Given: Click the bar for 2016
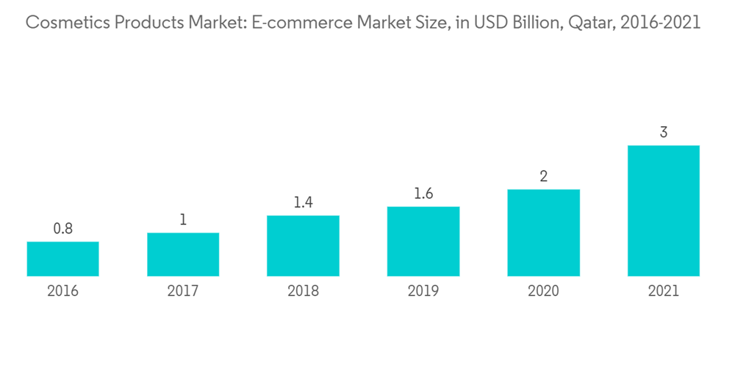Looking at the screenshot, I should click(x=62, y=259).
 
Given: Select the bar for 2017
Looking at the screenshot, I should click(x=183, y=255).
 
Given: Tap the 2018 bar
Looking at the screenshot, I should click(x=303, y=246).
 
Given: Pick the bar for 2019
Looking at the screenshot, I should click(x=423, y=242).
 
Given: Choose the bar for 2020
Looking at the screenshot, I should click(x=543, y=233).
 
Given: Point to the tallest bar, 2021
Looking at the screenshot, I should click(x=663, y=211).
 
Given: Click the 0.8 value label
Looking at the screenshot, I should click(x=62, y=228).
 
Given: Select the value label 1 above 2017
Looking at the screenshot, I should click(x=183, y=220).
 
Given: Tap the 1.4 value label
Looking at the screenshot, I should click(x=303, y=203).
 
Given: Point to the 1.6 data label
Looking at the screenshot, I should click(x=423, y=194).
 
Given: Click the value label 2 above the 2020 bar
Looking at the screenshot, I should click(x=543, y=176).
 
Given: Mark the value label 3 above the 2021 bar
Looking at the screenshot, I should click(x=663, y=133).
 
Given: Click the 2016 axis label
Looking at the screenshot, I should click(x=62, y=291).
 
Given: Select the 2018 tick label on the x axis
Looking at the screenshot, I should click(x=303, y=291).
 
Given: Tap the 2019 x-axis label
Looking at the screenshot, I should click(x=423, y=291).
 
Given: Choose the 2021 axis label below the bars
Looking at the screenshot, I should click(x=663, y=291).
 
